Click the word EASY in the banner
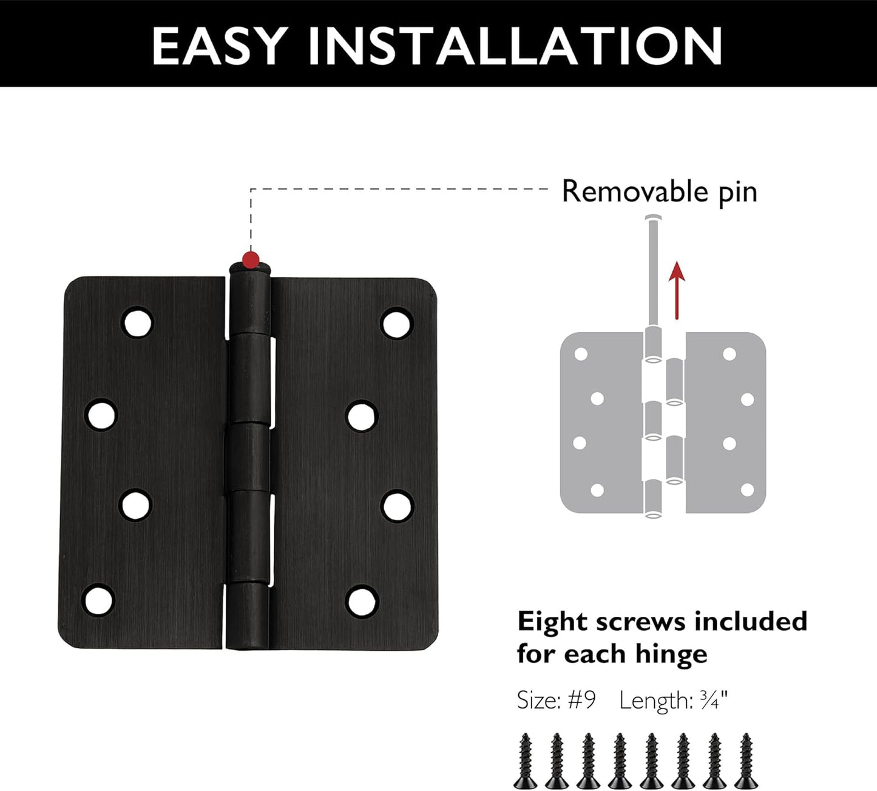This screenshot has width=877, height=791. click(x=218, y=46)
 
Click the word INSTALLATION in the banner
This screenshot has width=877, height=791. click(x=515, y=46)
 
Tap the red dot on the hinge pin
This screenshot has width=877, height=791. click(x=251, y=260)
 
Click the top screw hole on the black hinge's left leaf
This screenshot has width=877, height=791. click(x=137, y=322)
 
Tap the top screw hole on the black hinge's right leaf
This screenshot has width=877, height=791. click(x=396, y=322)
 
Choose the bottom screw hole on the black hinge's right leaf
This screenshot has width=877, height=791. click(x=362, y=601)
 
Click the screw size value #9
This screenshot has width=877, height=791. click(x=581, y=701)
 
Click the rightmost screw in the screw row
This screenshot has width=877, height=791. click(x=746, y=761)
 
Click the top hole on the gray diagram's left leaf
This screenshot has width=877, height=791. click(x=581, y=353)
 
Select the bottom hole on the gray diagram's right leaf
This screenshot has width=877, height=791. click(x=747, y=489)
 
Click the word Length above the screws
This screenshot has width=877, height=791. click(x=654, y=701)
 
